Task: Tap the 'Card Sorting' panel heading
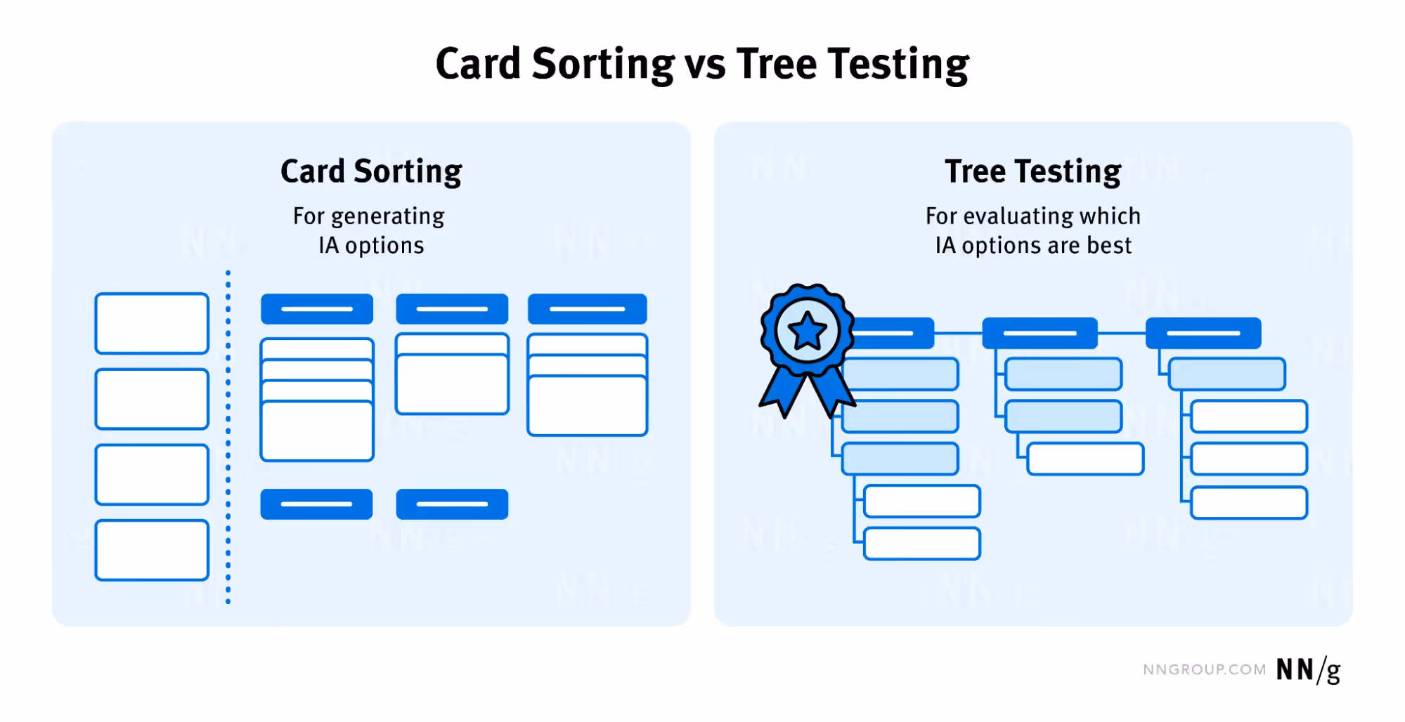pos(371,172)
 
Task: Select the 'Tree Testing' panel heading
pos(1032,172)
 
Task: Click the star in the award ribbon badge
pos(807,332)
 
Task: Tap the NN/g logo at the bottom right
pos(1308,670)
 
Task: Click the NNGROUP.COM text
pos(1204,670)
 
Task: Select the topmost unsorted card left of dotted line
pos(152,323)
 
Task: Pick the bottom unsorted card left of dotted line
pos(152,550)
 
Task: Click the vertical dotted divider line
pos(228,435)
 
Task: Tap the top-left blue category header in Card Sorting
pos(317,309)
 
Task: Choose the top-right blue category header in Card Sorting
pos(587,309)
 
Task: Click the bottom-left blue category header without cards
pos(316,504)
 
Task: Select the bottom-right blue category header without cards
pos(452,504)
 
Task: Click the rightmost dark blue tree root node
pos(1203,333)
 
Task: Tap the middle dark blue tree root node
pos(1040,333)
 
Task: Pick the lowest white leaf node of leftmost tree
pos(921,544)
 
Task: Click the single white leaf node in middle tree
pos(1085,459)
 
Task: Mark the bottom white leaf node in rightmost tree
pos(1248,503)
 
